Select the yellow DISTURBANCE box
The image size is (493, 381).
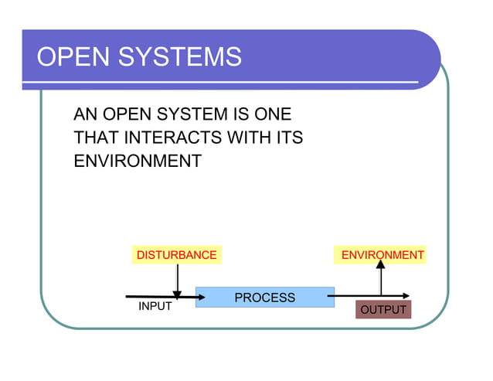coord(176,255)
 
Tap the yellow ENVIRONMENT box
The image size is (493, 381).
coord(381,255)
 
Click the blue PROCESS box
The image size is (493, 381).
coord(264,297)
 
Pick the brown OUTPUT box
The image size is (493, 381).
coord(383,310)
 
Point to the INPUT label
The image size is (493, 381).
coord(155,307)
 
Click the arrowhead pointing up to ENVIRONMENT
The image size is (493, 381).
coord(380,265)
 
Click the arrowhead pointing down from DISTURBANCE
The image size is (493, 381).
coord(178,294)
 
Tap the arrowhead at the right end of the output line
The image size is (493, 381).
coord(406,295)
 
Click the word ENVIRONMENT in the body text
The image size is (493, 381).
coord(137,162)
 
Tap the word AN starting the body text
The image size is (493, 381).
coord(85,115)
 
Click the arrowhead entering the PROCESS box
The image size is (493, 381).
coord(191,296)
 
